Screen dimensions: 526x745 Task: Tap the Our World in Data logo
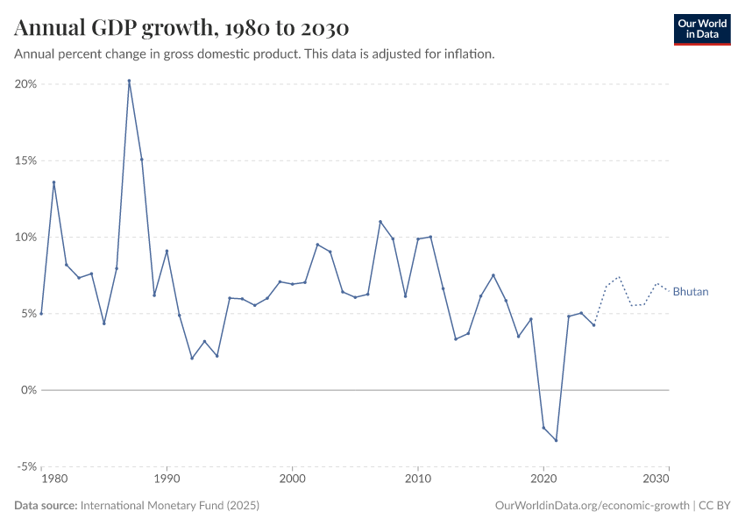701,29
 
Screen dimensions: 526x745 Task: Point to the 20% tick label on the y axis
25,84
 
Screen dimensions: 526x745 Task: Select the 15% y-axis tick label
25,160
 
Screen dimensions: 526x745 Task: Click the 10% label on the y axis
25,237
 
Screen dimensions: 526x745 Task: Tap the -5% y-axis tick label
25,466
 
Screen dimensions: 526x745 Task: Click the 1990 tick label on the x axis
167,480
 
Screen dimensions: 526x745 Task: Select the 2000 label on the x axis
292,480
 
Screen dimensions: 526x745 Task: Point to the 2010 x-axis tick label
418,480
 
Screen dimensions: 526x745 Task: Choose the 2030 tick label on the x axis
656,480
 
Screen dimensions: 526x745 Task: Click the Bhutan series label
691,292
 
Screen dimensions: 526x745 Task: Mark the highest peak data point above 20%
129,81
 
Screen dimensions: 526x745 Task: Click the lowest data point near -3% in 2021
556,440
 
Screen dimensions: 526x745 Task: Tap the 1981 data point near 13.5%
53,182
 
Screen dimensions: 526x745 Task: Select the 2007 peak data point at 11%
380,222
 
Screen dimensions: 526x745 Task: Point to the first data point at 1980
41,313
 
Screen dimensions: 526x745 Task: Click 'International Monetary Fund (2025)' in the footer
169,506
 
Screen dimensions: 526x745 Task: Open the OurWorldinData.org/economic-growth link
592,506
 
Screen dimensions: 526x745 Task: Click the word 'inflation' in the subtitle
469,53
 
